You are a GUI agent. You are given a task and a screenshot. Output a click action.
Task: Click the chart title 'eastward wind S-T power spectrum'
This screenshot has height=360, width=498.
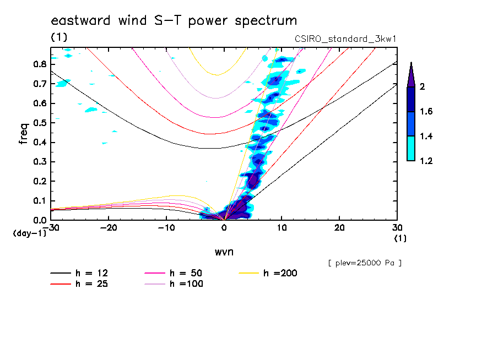pos(174,21)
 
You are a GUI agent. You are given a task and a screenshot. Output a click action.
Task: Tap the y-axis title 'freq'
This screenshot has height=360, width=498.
pos(23,134)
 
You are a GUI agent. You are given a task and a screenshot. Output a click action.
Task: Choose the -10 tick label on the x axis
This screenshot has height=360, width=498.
pos(166,228)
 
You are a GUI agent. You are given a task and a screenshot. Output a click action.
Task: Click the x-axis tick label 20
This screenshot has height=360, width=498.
pos(339,228)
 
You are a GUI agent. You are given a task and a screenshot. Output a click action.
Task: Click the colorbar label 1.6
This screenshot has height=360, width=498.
pos(426,112)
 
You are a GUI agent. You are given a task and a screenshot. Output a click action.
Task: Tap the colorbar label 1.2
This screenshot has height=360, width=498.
pos(426,161)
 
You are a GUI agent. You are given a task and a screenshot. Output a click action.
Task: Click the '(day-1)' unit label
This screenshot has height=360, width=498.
pos(30,233)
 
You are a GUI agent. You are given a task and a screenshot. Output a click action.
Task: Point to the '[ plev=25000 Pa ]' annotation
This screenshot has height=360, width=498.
pos(365,263)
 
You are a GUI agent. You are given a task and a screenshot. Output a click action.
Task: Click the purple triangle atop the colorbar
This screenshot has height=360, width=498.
pos(411,74)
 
